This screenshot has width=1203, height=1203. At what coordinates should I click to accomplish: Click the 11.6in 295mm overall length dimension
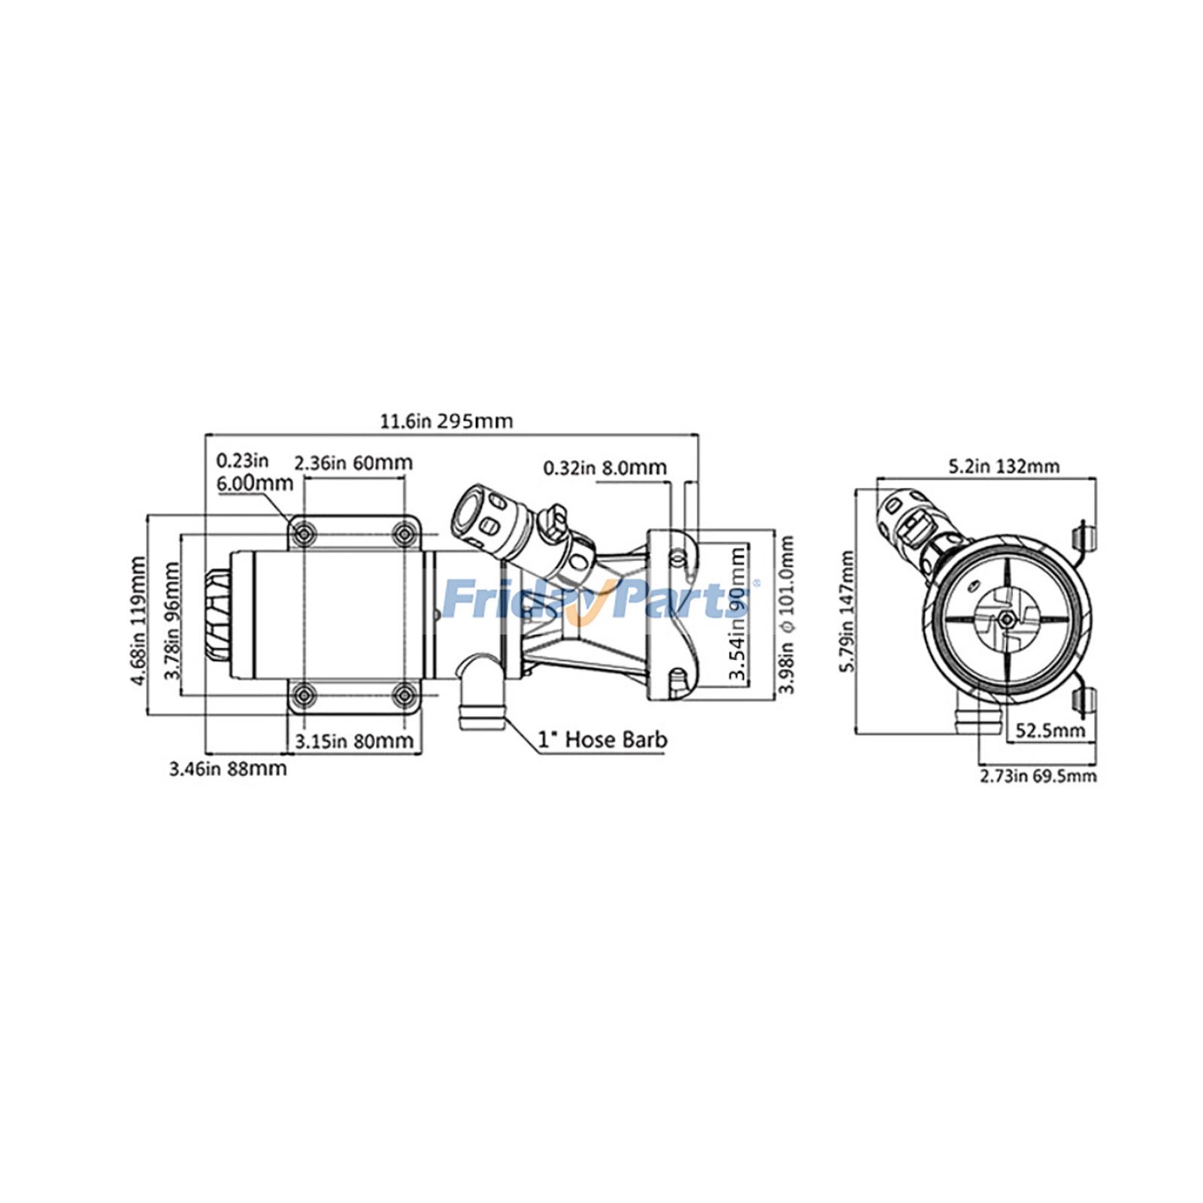pyautogui.click(x=446, y=421)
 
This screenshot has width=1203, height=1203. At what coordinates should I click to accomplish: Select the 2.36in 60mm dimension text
pyautogui.click(x=353, y=462)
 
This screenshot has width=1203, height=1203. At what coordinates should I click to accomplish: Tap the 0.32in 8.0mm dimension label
pyautogui.click(x=605, y=468)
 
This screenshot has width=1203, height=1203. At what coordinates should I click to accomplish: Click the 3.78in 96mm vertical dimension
pyautogui.click(x=173, y=620)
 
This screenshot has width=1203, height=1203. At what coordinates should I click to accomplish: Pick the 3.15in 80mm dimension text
pyautogui.click(x=353, y=741)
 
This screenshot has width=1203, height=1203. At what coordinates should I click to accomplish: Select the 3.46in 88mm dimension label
pyautogui.click(x=227, y=768)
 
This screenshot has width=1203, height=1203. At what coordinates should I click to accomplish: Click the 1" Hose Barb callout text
pyautogui.click(x=602, y=740)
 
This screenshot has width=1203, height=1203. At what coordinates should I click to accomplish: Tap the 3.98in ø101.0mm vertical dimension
pyautogui.click(x=786, y=614)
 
